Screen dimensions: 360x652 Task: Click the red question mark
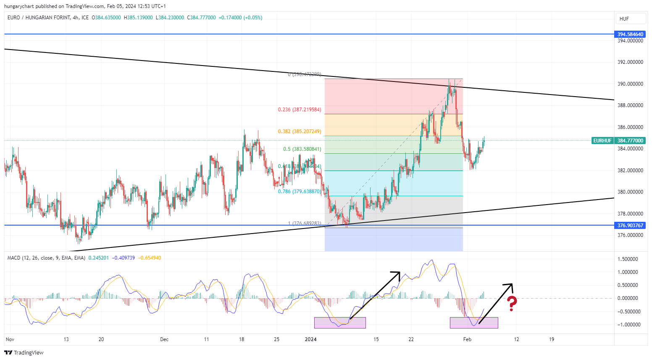click(x=511, y=303)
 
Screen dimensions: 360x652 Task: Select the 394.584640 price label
click(x=630, y=34)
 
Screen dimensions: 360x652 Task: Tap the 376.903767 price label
click(x=630, y=226)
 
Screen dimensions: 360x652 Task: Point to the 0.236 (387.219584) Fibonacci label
click(x=300, y=110)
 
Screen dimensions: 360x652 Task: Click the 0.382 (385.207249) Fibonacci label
click(x=300, y=131)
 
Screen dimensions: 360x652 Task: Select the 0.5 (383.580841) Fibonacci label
click(x=302, y=149)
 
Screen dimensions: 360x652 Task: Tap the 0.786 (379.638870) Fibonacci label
click(x=300, y=192)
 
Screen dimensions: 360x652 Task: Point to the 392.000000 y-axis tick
click(x=630, y=62)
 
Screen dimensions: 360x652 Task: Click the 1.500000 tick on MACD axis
click(x=630, y=259)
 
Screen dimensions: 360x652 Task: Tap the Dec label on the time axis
click(x=164, y=339)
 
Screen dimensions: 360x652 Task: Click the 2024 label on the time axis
click(x=310, y=339)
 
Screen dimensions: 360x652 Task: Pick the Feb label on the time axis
click(x=467, y=339)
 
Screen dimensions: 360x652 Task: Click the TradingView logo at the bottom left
click(x=24, y=352)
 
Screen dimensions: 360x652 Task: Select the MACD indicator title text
click(x=46, y=258)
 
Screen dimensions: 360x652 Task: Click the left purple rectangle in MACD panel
click(x=340, y=323)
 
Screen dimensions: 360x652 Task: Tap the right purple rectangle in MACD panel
click(x=474, y=323)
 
